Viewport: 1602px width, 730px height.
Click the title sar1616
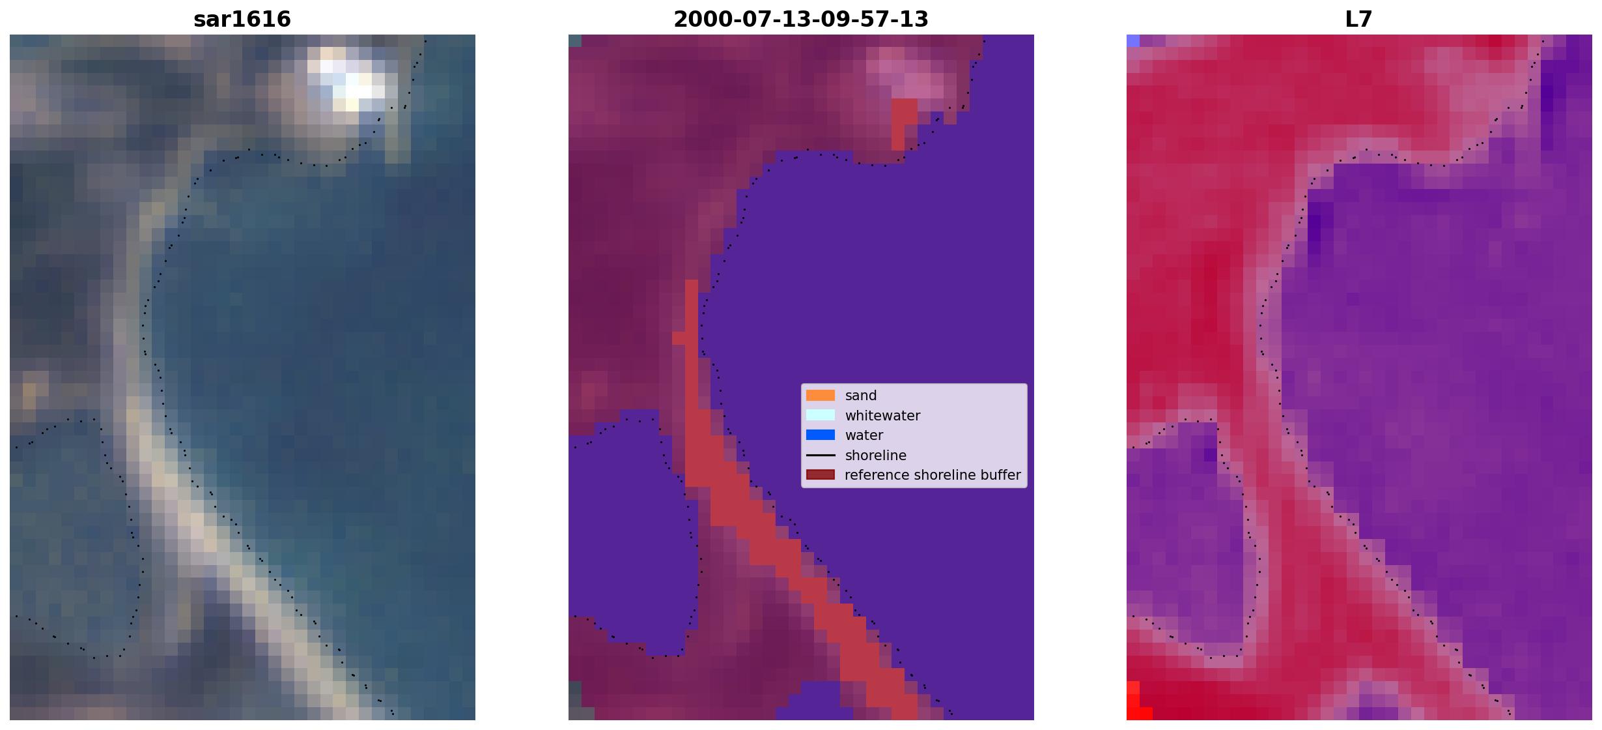pos(242,19)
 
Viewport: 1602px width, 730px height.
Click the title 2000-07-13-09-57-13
pos(801,19)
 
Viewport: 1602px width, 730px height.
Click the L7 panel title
pos(1359,19)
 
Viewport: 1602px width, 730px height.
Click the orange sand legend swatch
pos(821,396)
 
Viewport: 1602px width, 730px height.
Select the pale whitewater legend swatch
pos(821,415)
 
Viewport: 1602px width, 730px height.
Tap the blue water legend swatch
pos(821,435)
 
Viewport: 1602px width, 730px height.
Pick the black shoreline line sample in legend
pos(821,455)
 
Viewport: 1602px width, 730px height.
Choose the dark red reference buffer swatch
pos(821,475)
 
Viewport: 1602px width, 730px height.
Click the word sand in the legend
pos(861,396)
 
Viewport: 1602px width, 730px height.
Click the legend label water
pos(864,435)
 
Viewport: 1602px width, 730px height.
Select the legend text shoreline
pos(876,456)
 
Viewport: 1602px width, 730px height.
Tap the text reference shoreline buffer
pos(933,475)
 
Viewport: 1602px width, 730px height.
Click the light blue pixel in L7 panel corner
pos(1133,40)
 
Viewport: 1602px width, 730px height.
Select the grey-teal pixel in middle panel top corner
pos(575,40)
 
